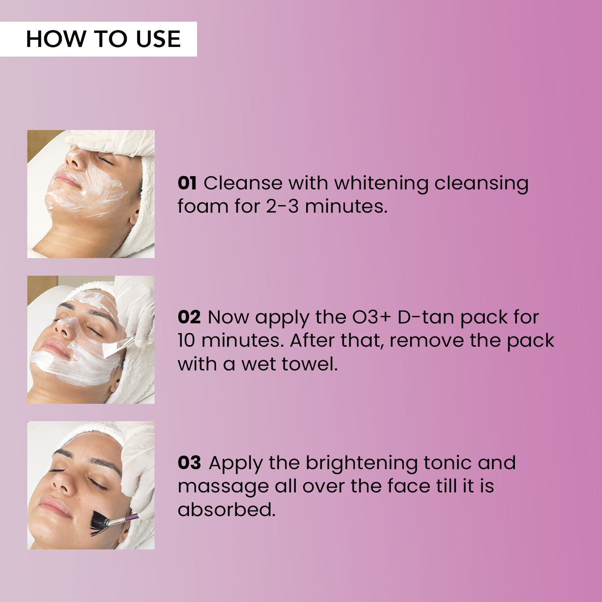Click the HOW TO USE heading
pyautogui.click(x=103, y=39)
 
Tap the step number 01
pyautogui.click(x=187, y=183)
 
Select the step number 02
pyautogui.click(x=189, y=317)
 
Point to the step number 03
pyautogui.click(x=189, y=463)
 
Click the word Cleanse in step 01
pyautogui.click(x=243, y=183)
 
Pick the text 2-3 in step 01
pyautogui.click(x=282, y=206)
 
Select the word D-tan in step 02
pyautogui.click(x=426, y=317)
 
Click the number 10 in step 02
pyautogui.click(x=186, y=341)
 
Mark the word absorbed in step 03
pyautogui.click(x=226, y=510)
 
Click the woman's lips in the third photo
pyautogui.click(x=54, y=506)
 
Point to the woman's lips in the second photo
pyautogui.click(x=55, y=348)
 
